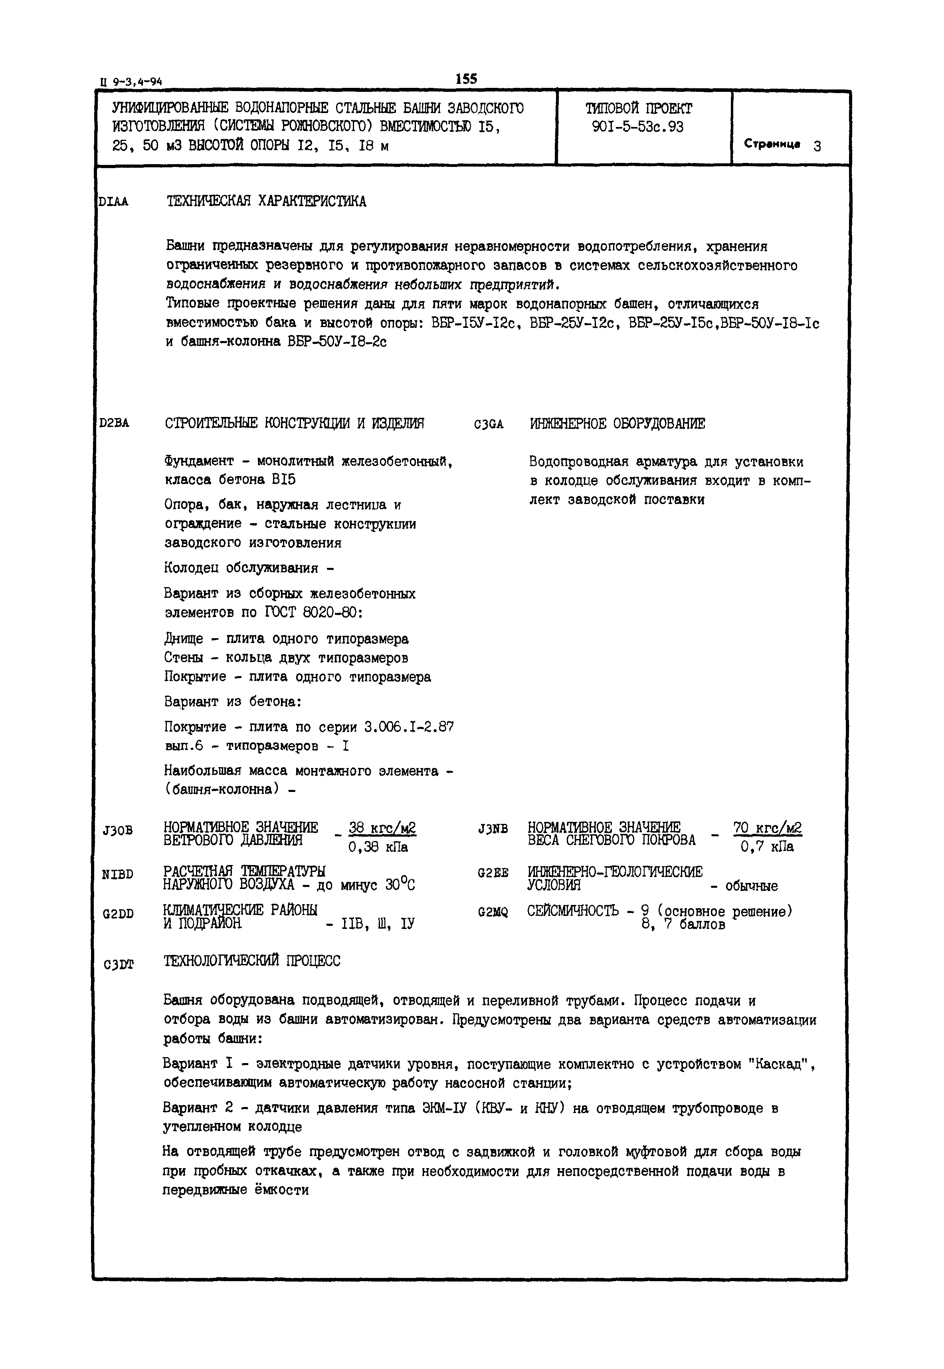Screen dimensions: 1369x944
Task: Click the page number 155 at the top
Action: click(x=466, y=79)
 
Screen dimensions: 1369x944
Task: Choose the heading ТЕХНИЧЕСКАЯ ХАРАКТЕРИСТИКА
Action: click(x=266, y=202)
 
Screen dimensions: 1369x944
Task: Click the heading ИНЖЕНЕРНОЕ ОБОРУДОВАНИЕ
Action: click(x=617, y=424)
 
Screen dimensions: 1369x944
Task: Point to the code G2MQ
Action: click(x=493, y=912)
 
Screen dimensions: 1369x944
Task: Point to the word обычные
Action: click(x=751, y=886)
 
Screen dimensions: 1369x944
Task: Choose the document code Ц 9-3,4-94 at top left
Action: click(x=131, y=82)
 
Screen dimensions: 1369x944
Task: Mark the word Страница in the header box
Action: click(x=772, y=144)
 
